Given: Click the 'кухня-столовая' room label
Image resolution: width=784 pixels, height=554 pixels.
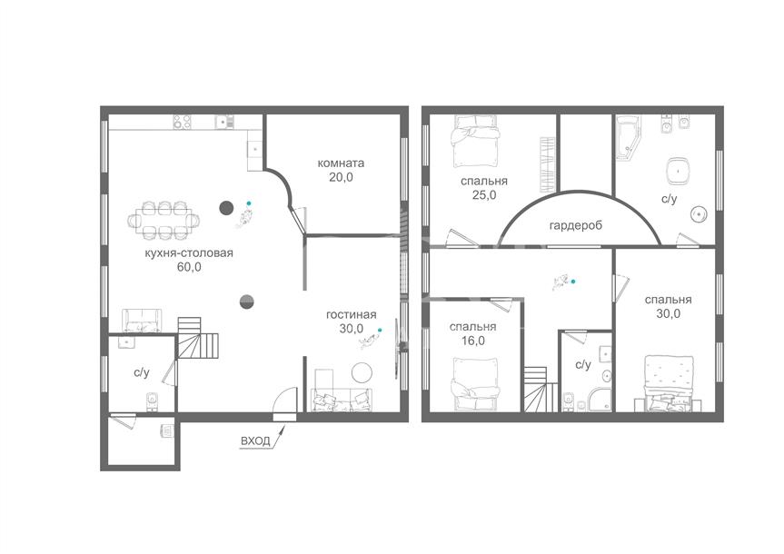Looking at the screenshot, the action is [189, 253].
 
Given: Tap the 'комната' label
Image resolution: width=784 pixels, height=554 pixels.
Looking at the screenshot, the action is [341, 163].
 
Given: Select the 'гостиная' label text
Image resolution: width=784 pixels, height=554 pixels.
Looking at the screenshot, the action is [351, 315].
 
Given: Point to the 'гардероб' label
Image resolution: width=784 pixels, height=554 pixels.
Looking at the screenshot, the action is [576, 225].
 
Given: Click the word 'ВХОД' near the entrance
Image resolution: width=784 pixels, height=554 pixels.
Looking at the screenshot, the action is [255, 441].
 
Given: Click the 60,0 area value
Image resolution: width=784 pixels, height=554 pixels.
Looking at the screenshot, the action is [189, 267].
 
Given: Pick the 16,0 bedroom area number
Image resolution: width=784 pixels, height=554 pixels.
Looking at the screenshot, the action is [472, 341].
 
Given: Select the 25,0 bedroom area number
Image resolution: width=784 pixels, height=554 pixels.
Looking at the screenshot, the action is [484, 195].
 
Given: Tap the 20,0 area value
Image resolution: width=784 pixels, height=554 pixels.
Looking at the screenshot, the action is [341, 177].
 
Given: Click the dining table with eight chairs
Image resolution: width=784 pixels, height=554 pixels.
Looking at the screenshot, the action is [164, 219].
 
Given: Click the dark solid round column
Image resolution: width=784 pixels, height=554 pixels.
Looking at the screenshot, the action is [226, 207].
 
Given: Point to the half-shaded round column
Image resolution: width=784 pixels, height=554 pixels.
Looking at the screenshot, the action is [247, 302].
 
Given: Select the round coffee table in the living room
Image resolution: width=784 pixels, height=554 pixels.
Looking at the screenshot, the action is [362, 372].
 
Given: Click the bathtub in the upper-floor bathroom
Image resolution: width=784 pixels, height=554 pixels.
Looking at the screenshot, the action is [628, 138].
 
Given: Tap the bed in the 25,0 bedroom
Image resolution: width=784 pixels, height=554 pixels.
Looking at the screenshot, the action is [475, 141].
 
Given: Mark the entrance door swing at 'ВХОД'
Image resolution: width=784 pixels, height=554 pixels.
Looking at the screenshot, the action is [284, 402].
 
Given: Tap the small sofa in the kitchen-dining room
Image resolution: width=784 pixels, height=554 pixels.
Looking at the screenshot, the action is [143, 321].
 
